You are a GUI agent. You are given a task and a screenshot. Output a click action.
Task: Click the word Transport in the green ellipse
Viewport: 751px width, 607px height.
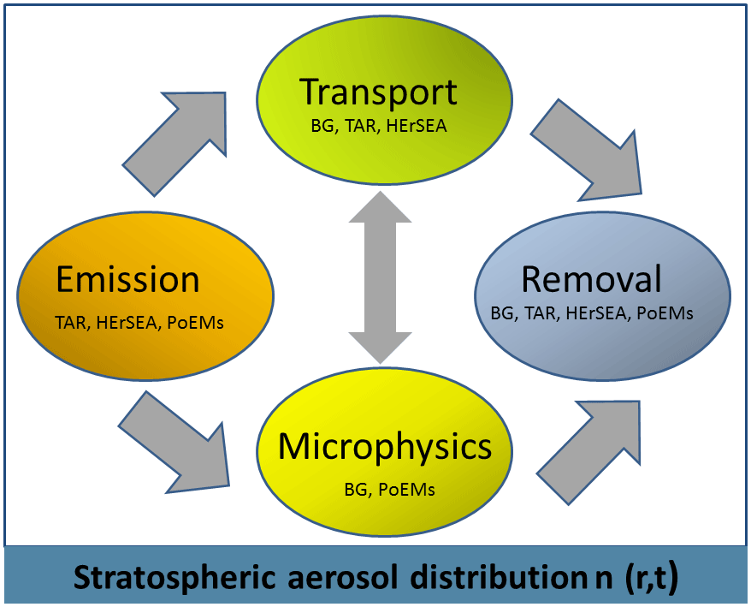point(379,92)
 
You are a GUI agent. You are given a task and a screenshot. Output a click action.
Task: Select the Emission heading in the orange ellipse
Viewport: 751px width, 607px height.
point(127,280)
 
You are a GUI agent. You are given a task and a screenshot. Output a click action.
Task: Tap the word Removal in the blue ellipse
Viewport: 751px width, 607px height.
point(591,280)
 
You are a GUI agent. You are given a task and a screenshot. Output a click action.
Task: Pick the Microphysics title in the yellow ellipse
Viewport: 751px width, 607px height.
point(385,446)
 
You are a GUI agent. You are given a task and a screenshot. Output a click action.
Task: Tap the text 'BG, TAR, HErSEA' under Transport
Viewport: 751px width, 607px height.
point(379,125)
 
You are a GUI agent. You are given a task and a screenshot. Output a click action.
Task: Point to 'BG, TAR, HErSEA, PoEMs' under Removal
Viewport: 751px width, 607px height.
point(592,313)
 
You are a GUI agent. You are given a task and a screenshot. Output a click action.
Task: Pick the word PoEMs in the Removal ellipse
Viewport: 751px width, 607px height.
point(664,313)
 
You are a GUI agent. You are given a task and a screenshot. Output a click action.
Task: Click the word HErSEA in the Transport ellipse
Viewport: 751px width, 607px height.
point(417,125)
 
